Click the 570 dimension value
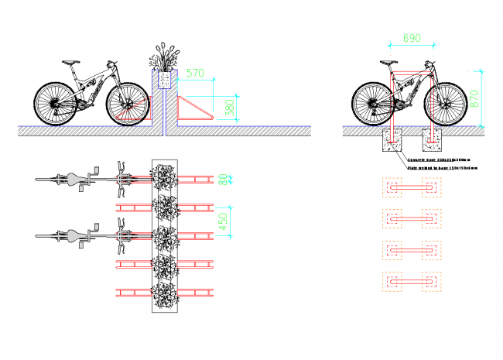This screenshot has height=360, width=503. [x=196, y=74]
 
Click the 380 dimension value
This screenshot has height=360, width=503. [x=230, y=108]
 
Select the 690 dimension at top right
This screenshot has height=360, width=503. [x=412, y=37]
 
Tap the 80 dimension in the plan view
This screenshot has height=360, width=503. [x=224, y=180]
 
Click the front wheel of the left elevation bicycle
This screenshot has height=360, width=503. [x=127, y=103]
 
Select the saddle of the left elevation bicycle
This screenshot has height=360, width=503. [x=70, y=63]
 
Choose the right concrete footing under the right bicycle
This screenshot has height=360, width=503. [x=431, y=142]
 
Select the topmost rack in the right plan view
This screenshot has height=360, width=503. [x=411, y=188]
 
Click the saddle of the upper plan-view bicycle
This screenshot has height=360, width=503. [x=75, y=180]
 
